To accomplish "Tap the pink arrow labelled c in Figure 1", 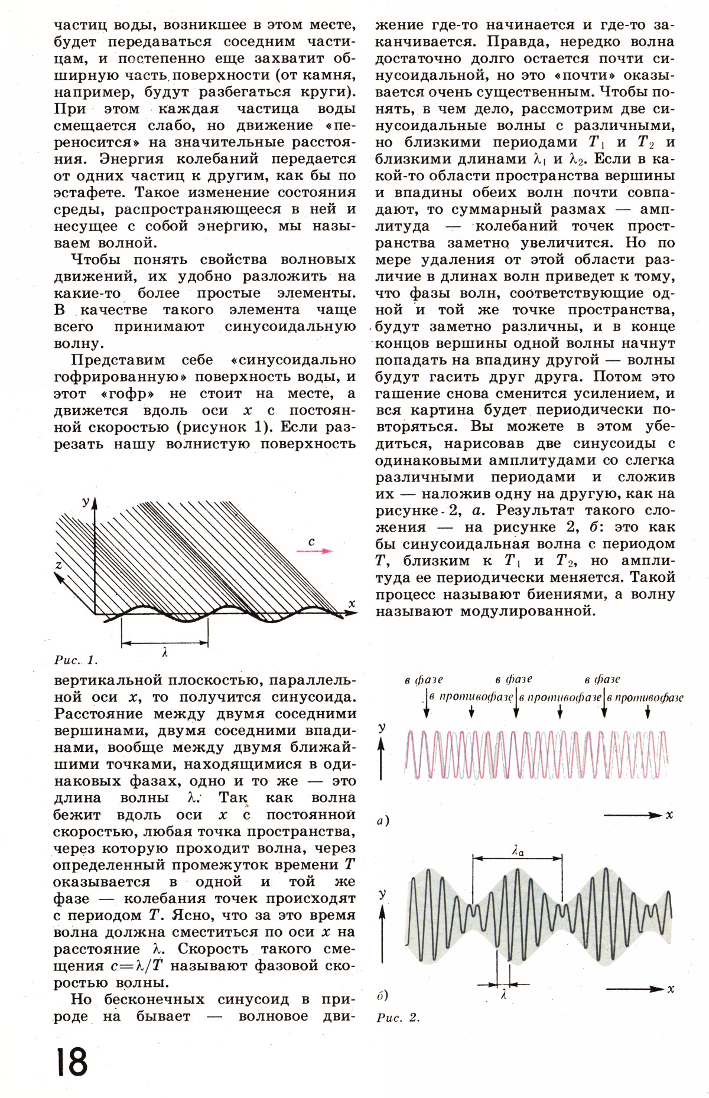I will coord(314,550).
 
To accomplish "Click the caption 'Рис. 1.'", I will coord(76,660).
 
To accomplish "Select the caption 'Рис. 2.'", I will coord(398,1017).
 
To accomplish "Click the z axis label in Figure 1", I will coord(58,565).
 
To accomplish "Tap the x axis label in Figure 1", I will coord(351,603).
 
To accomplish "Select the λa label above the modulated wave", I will coord(518,851).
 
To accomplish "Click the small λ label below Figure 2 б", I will coord(504,994).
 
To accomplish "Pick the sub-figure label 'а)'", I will coord(383,820).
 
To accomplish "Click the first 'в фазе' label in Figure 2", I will coord(424,680).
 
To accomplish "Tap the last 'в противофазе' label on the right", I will coord(645,697).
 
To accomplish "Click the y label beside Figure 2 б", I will coord(382,894).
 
